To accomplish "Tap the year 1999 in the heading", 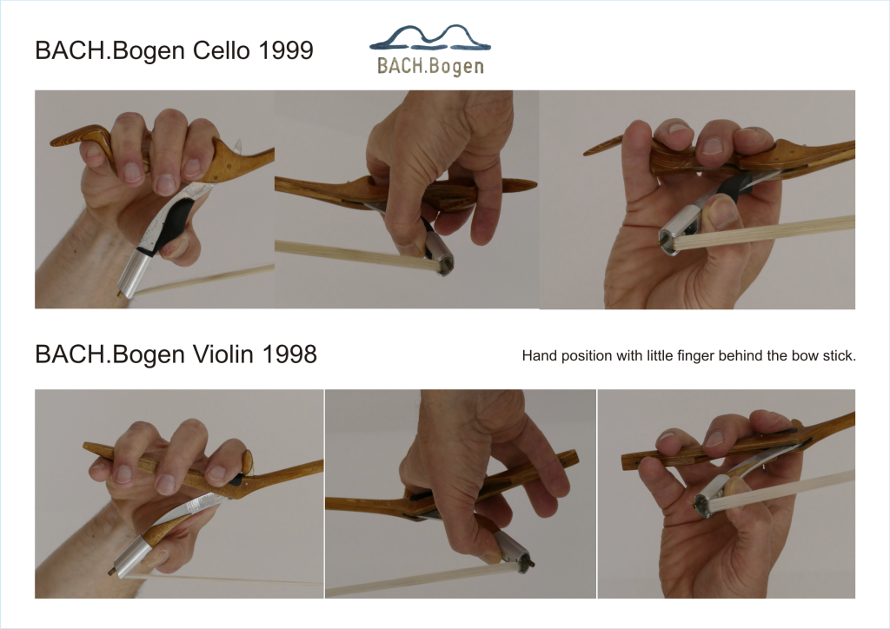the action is coord(285,50).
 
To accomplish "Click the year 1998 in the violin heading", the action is coord(289,354).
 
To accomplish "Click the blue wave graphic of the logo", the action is coord(429,38).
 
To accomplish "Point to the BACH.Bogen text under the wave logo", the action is coord(430,66).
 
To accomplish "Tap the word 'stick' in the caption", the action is coord(840,355).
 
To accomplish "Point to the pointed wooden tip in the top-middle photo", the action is coord(520,186).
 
